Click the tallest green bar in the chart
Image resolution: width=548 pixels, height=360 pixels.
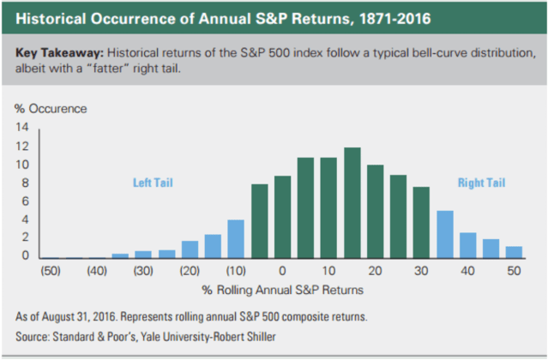pyautogui.click(x=352, y=202)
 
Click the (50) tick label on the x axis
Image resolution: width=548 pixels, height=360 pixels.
pyautogui.click(x=51, y=271)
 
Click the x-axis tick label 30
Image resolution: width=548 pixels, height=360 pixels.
pyautogui.click(x=422, y=271)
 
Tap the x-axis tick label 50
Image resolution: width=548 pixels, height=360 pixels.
pyautogui.click(x=515, y=271)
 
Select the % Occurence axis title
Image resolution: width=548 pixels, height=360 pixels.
pyautogui.click(x=51, y=109)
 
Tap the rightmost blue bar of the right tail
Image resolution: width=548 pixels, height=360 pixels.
pyautogui.click(x=515, y=252)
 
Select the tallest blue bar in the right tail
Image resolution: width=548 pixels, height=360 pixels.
pyautogui.click(x=444, y=234)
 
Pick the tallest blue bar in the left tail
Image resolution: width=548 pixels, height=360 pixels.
pyautogui.click(x=236, y=238)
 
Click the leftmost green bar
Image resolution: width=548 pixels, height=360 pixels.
pyautogui.click(x=259, y=220)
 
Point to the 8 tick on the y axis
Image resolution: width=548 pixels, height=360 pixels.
pyautogui.click(x=26, y=183)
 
